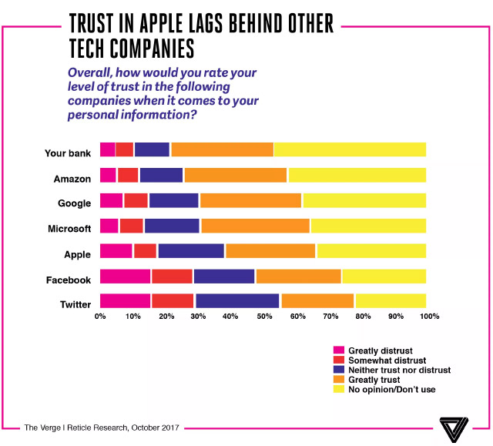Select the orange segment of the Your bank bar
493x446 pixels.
point(222,149)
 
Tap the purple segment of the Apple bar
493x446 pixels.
point(191,251)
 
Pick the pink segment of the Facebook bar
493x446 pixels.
point(126,277)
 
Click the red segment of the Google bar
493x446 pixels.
point(136,201)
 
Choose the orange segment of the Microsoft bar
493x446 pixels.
point(255,226)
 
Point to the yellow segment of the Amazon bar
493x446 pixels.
point(357,176)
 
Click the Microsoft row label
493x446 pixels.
point(71,229)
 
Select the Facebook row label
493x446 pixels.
point(70,280)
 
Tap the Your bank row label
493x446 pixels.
point(69,153)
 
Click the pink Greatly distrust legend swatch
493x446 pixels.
point(337,350)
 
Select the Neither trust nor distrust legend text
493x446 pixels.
point(399,371)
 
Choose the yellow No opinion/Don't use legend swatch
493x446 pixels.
point(337,390)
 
